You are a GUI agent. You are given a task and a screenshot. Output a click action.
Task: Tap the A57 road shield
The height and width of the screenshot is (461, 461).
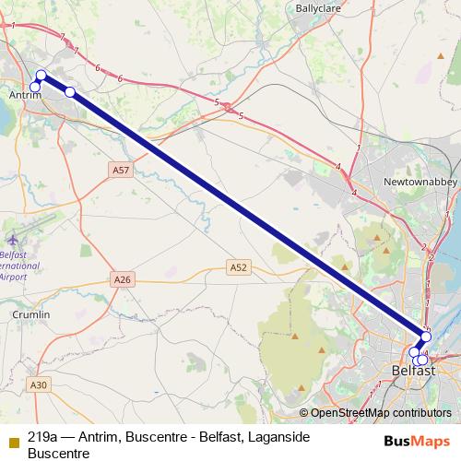coord(121,171)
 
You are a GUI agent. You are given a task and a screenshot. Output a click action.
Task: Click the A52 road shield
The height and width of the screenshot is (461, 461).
coord(239,267)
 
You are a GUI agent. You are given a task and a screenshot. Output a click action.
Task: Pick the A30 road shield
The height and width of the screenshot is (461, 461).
coord(38,384)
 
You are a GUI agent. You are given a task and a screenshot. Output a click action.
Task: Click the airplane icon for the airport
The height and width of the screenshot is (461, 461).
coord(11,236)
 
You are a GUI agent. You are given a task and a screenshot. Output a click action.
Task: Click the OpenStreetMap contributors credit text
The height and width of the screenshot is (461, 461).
coord(375,413)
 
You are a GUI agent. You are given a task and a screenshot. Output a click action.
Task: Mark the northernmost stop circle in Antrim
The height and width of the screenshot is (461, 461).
coord(41,76)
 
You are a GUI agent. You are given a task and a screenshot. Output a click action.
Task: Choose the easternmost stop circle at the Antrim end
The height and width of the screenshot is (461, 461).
coord(70,91)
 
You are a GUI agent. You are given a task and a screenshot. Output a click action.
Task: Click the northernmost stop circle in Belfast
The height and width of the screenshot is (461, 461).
coord(426,337)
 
